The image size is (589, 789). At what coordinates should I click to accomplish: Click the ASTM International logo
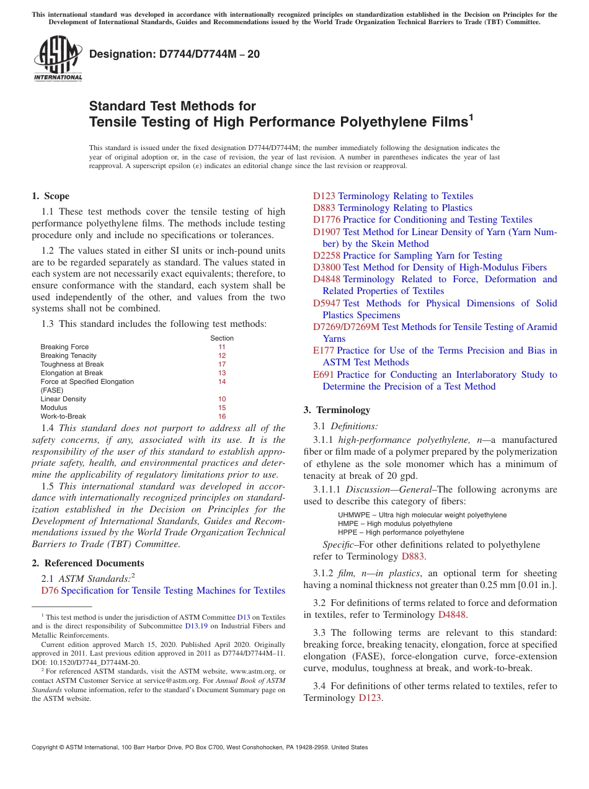coord(58,58)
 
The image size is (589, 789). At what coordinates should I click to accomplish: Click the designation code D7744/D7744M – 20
coord(174,55)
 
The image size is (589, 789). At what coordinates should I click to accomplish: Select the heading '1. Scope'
coord(50,196)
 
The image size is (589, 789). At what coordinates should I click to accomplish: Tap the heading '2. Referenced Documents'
coord(87,563)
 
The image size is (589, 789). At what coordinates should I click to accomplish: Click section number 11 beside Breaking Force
coord(222,347)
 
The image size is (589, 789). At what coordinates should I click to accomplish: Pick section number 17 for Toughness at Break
coord(222,364)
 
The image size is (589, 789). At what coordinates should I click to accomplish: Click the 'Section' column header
coord(222,338)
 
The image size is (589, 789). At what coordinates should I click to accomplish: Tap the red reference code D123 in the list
coord(324,196)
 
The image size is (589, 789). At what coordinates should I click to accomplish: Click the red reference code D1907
coord(327,232)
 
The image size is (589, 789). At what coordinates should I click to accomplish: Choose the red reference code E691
coord(324,375)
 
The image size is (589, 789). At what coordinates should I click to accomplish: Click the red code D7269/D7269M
coord(346,327)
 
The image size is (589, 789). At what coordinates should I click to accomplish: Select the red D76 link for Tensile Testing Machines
coord(50,591)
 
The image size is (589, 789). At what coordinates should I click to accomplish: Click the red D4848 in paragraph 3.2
coord(451,615)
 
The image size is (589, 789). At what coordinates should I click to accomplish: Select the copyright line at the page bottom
coord(200,747)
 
